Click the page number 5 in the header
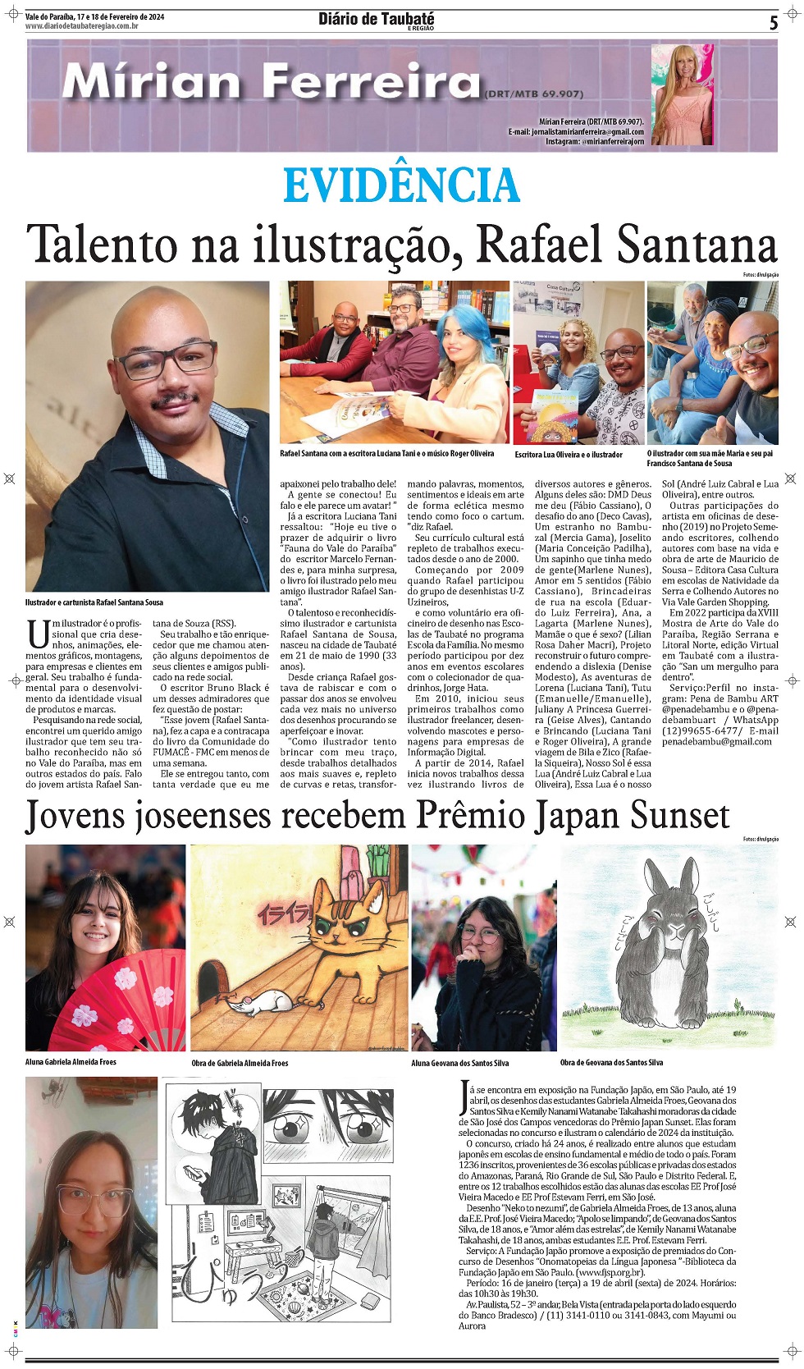(773, 23)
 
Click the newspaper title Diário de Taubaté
(376, 19)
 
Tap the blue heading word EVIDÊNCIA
(401, 185)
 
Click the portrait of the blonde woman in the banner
(681, 94)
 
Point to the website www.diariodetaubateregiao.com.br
(81, 26)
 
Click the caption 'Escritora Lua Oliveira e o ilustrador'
(569, 454)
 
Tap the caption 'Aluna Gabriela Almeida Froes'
(71, 1062)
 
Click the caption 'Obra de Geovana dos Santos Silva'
(611, 1063)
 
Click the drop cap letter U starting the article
(38, 634)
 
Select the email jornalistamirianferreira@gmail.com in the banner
(576, 131)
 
